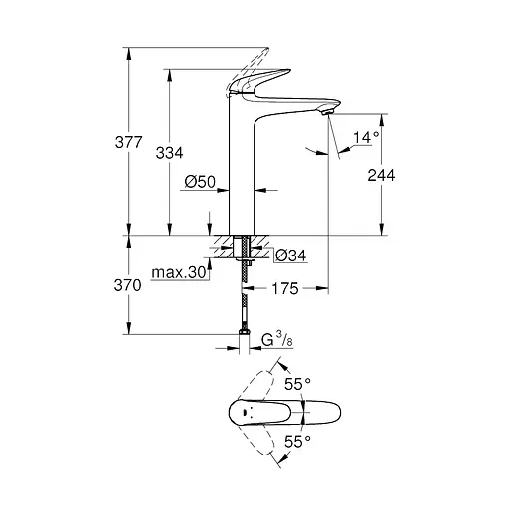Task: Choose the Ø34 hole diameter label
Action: [x=289, y=256]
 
